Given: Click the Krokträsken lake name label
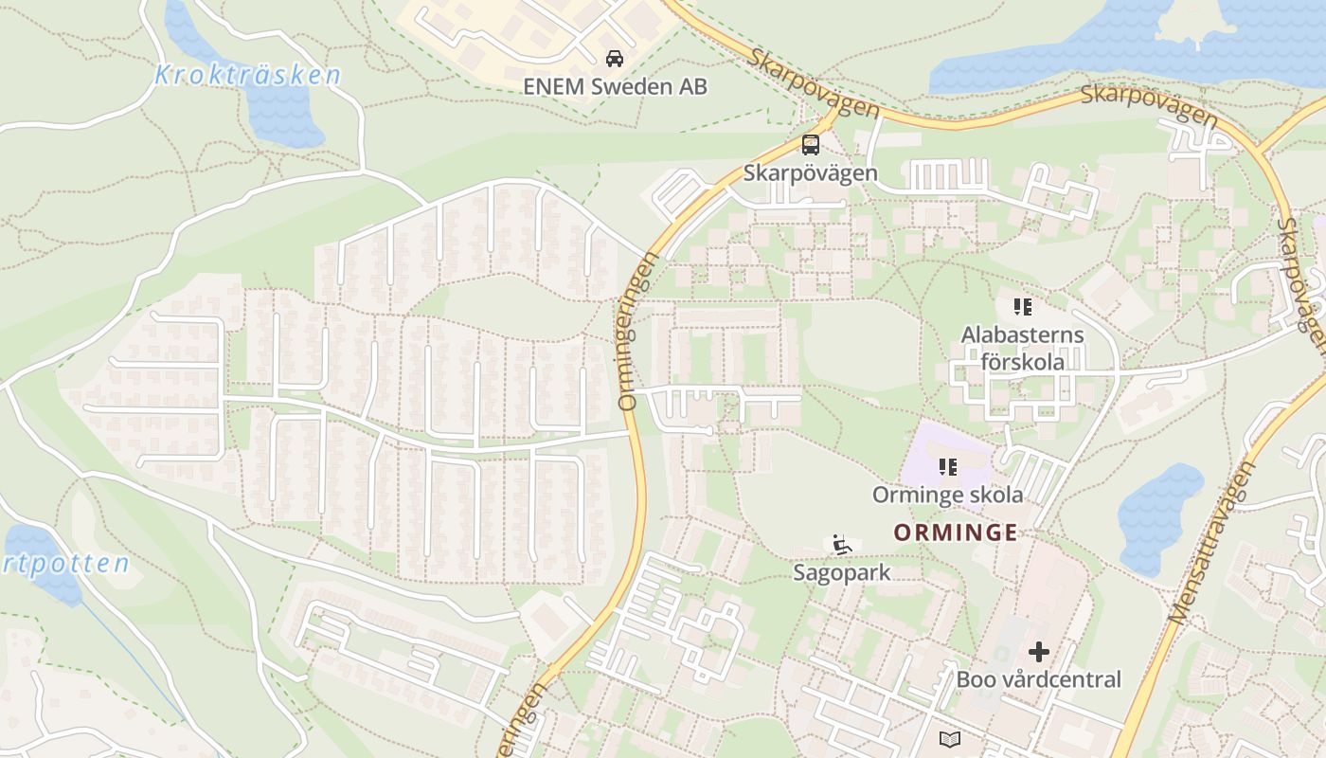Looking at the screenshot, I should [x=247, y=75].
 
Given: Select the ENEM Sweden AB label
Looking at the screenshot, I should [x=615, y=86].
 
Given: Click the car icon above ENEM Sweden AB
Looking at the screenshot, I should [x=615, y=58].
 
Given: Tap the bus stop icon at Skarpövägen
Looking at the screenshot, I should [x=811, y=145].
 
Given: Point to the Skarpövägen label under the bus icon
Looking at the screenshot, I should [x=811, y=173].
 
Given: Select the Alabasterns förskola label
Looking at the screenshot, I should [x=1022, y=348].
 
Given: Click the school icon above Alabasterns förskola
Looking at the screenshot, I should [x=1022, y=306].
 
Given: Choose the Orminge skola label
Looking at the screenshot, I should [x=947, y=495].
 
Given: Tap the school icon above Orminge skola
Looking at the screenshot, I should [x=947, y=466].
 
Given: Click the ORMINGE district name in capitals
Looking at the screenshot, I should [x=955, y=532].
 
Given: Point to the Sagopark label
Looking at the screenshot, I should [x=842, y=572].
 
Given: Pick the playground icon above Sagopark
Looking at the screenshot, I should [x=841, y=545].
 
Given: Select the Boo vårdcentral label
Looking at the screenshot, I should [x=1038, y=679].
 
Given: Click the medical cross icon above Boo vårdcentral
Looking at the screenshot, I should [x=1039, y=652].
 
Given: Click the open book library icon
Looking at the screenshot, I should [x=949, y=738].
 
